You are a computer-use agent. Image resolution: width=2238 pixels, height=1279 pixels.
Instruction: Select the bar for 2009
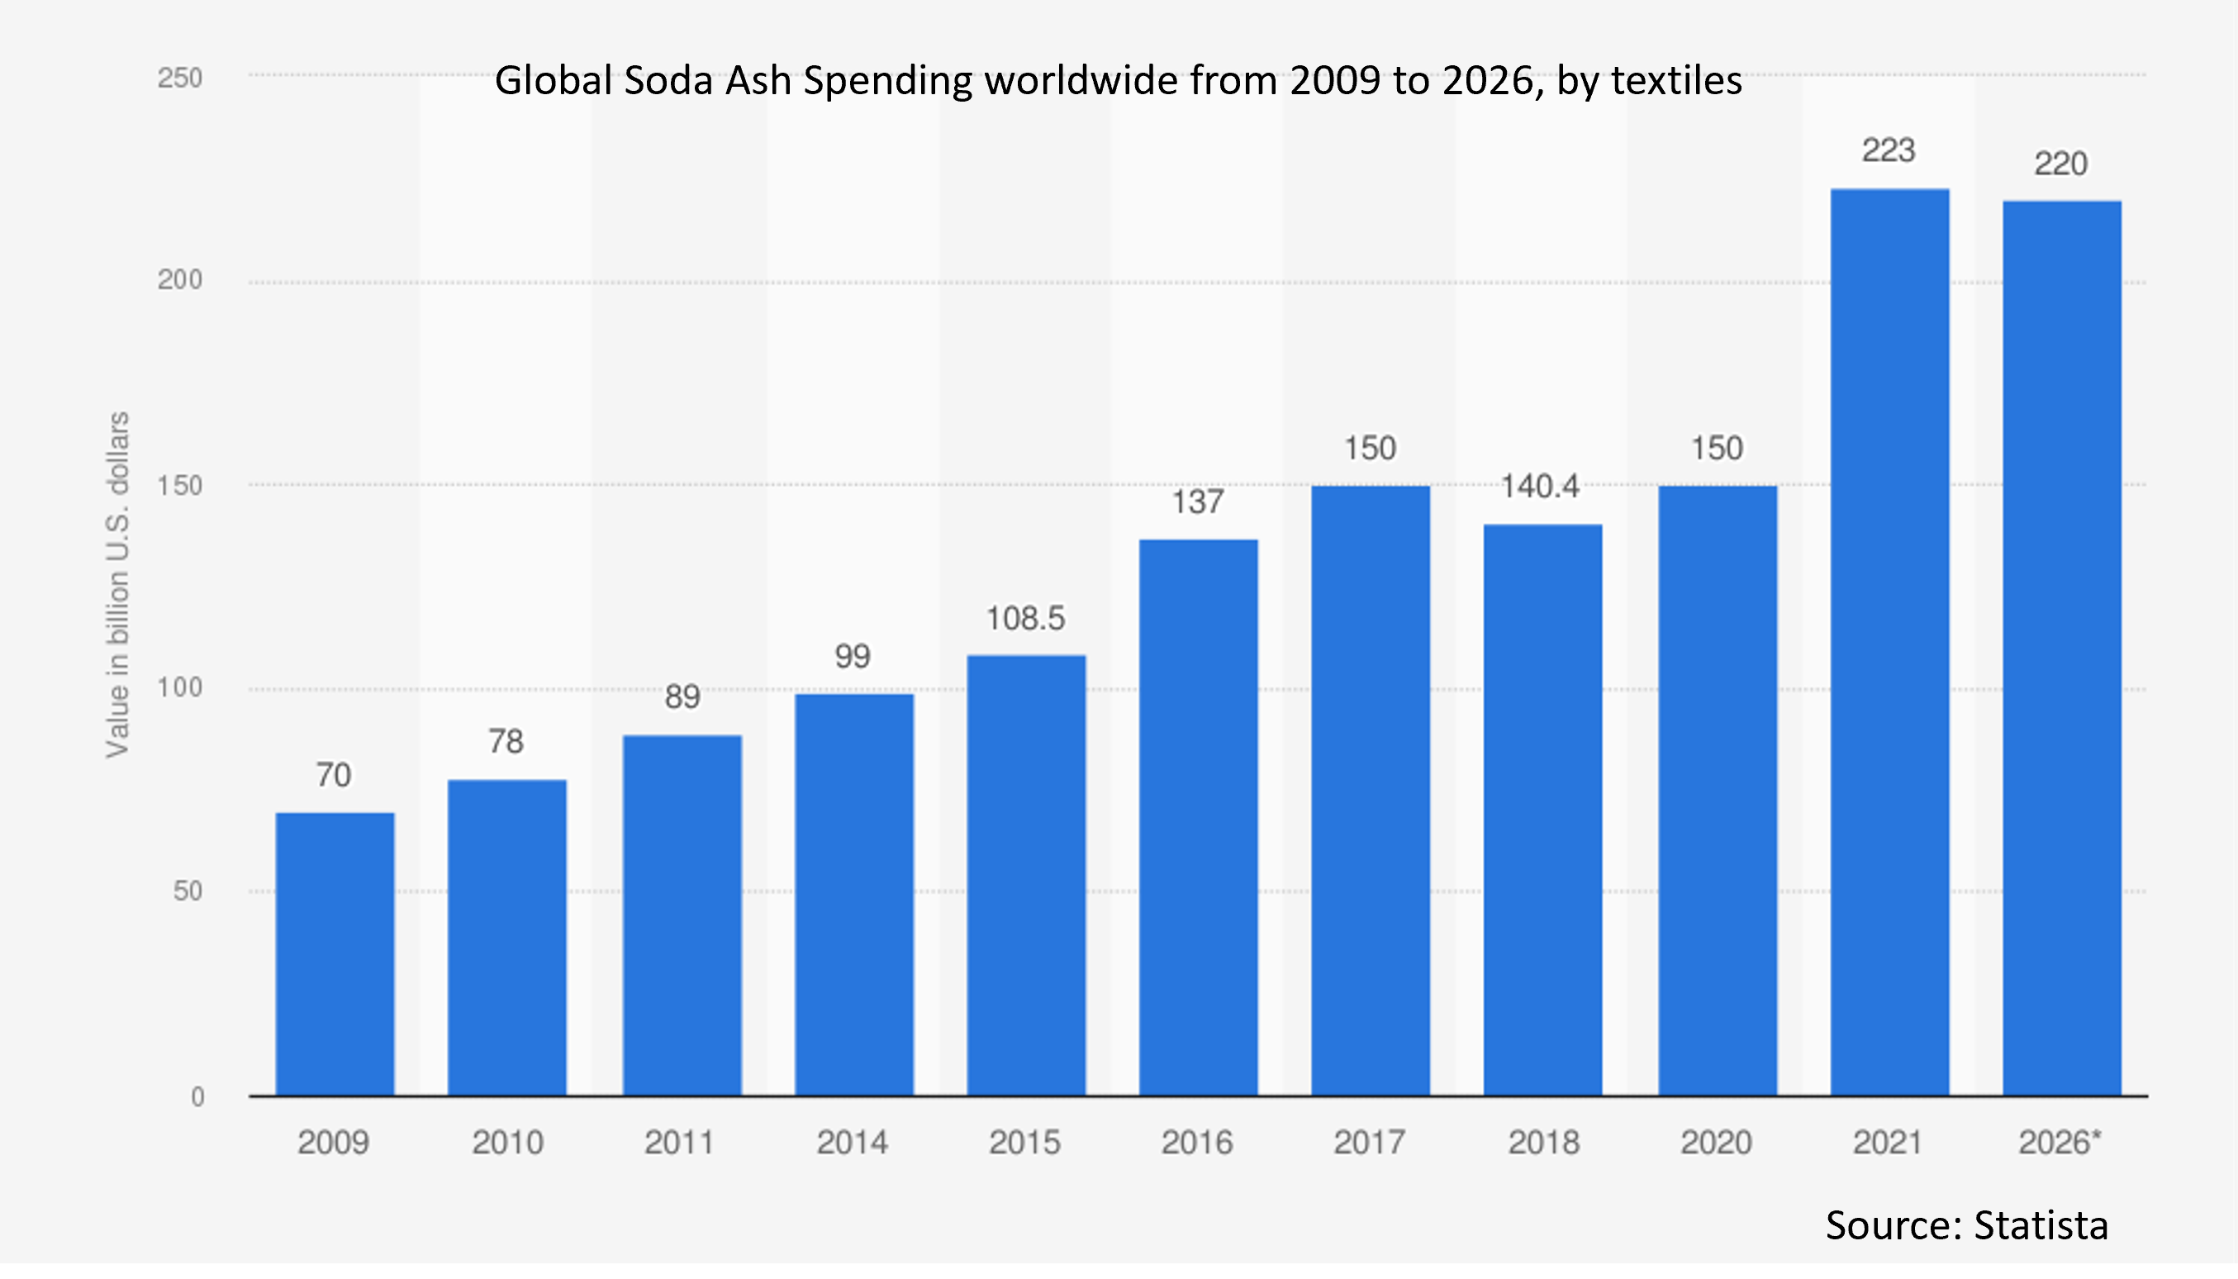(x=335, y=954)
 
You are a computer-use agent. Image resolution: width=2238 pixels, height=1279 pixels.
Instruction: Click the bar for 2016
(x=1198, y=817)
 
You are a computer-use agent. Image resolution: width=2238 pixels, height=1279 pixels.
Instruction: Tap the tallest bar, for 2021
(x=1889, y=641)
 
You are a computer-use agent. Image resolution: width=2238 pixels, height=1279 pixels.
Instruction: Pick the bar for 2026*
(x=2061, y=649)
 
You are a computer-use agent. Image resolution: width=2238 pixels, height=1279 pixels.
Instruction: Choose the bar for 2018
(x=1542, y=810)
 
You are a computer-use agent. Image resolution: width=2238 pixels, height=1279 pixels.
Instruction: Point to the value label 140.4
(x=1539, y=487)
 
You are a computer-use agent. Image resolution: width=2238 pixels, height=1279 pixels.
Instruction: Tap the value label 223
(x=1889, y=151)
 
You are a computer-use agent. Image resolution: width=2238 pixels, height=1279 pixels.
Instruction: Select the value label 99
(x=853, y=657)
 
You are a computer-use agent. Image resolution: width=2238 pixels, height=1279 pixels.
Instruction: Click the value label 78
(x=506, y=742)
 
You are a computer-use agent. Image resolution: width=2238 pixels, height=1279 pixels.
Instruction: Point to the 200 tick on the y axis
(x=180, y=280)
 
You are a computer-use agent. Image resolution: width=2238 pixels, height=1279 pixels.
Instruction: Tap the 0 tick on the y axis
(x=197, y=1097)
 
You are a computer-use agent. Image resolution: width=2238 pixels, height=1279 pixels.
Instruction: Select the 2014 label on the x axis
(x=852, y=1143)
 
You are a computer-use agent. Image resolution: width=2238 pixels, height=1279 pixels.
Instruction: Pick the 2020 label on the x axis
(x=1716, y=1143)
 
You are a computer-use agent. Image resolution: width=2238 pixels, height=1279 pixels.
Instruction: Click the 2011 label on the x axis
(x=679, y=1143)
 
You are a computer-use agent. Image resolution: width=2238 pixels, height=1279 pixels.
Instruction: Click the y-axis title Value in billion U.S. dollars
(x=117, y=584)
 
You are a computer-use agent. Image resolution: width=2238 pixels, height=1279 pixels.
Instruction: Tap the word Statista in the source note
(x=2041, y=1224)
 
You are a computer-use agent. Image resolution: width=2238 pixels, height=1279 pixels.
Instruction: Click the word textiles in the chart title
(x=1677, y=81)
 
